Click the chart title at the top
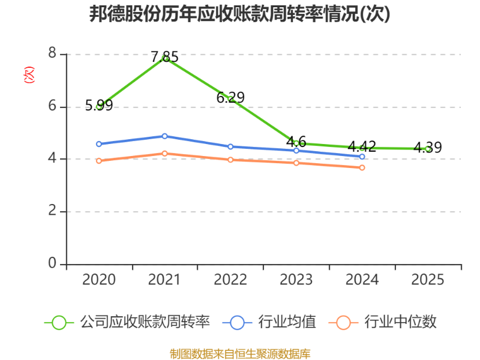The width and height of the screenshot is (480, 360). click(239, 14)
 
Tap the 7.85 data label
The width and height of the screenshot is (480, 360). click(164, 57)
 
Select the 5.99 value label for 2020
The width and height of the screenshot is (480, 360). click(99, 106)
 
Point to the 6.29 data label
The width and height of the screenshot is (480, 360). click(230, 98)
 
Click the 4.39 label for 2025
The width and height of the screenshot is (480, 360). click(428, 148)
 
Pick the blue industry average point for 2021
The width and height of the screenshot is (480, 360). click(164, 136)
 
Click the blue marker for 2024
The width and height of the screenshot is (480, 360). click(362, 157)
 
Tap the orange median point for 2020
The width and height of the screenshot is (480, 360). click(99, 161)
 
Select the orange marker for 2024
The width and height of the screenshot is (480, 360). click(362, 168)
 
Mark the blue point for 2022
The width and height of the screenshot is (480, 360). click(230, 146)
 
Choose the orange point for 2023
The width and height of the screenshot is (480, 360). click(296, 163)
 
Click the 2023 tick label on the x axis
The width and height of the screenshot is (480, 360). click(296, 280)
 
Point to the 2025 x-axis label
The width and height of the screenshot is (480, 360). click(428, 280)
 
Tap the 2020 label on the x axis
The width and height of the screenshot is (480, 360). click(99, 280)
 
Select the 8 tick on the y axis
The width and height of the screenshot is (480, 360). click(52, 53)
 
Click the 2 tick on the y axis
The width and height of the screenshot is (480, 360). click(52, 211)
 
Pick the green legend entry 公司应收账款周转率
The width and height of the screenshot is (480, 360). click(127, 322)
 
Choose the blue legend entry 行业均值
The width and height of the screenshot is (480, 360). click(269, 322)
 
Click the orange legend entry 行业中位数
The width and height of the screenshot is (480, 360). click(383, 322)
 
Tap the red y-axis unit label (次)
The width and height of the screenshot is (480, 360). click(29, 74)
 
